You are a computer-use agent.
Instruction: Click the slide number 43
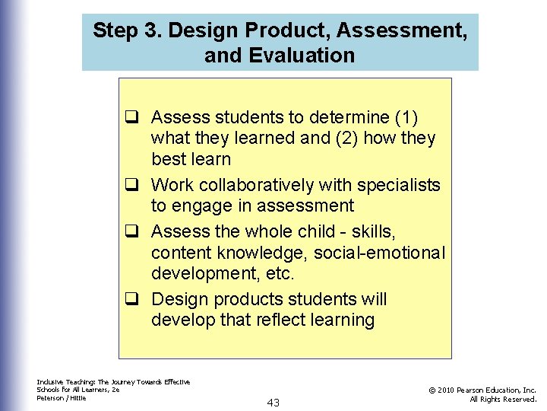(273, 403)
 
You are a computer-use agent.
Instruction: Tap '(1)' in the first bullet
(406, 117)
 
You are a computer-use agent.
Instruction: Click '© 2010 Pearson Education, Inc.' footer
(482, 390)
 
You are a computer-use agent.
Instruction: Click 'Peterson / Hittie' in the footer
(62, 397)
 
